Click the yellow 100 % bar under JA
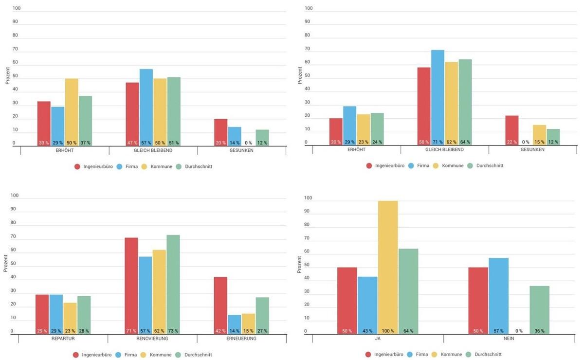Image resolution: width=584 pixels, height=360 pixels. (388, 267)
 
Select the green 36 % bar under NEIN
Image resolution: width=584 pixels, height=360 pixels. (539, 309)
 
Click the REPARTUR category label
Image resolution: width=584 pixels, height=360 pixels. (63, 339)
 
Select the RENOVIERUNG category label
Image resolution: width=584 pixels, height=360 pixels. (152, 339)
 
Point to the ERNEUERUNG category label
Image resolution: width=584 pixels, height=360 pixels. (241, 339)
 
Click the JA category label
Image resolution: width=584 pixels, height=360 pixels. (378, 339)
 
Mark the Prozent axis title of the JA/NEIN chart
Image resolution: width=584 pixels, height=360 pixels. (299, 265)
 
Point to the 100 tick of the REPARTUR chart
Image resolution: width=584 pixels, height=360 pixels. (15, 196)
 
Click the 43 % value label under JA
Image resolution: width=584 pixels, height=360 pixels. (367, 331)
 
